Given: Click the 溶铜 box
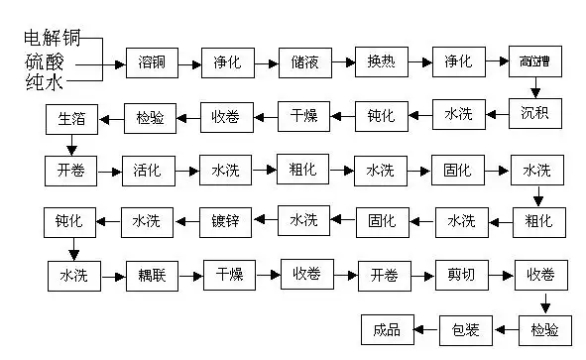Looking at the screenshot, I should coord(150,64).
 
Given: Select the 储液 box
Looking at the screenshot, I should coord(303,64).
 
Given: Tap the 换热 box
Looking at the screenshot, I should coord(381,64).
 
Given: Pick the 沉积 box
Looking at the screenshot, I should coord(535,115).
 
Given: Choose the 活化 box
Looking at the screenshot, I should coord(148,170).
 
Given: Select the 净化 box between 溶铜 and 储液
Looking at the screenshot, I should coord(226,64).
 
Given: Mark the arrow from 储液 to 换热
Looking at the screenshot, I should coord(342,64).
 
